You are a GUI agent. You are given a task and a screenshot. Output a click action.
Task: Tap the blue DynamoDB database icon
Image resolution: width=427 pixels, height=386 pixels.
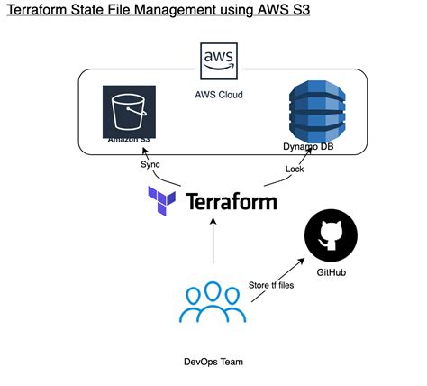coord(315,112)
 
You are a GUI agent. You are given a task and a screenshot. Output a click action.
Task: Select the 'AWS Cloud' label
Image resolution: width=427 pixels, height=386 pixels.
coord(220,95)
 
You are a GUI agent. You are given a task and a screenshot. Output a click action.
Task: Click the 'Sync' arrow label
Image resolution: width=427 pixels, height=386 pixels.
coord(150,165)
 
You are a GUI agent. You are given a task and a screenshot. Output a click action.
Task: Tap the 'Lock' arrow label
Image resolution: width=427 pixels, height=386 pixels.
coord(295,168)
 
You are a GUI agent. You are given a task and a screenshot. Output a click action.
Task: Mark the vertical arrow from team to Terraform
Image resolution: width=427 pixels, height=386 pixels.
coord(213,244)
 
